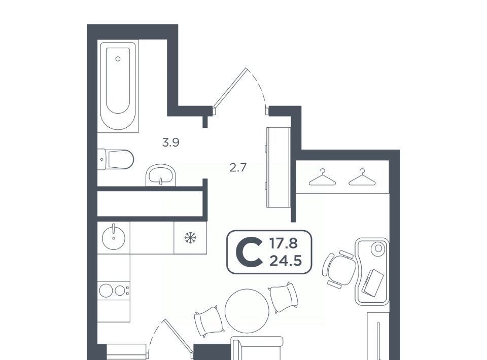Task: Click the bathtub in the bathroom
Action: (118, 86)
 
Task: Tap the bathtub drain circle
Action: (118, 59)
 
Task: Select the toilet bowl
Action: (116, 159)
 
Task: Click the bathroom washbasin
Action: (161, 175)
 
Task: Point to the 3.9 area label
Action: (171, 143)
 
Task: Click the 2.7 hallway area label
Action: (238, 168)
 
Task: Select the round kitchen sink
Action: (113, 237)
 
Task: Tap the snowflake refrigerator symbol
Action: (190, 238)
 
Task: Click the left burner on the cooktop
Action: (106, 291)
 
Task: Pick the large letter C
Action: (249, 252)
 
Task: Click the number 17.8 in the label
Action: (283, 243)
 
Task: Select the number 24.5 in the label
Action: (286, 261)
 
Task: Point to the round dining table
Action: (247, 311)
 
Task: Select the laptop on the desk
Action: (372, 283)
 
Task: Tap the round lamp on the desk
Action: (378, 248)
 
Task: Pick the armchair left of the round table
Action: (209, 321)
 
